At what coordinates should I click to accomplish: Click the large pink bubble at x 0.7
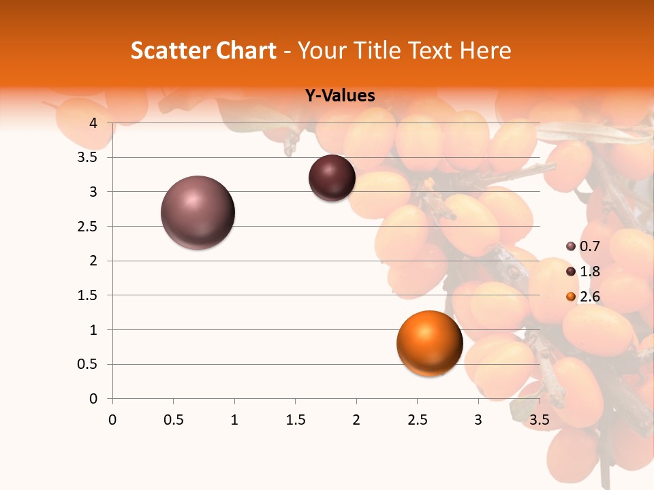198,212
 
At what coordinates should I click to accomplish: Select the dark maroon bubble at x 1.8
332,178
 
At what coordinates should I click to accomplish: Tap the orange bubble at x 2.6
429,343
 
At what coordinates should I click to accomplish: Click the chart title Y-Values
340,96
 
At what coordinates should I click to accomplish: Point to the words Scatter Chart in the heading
203,50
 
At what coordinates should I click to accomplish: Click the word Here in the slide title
485,50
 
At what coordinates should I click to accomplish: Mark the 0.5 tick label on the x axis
173,420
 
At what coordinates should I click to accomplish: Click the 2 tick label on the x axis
356,420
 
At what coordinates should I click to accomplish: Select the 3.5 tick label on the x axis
539,420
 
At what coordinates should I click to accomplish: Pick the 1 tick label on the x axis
234,420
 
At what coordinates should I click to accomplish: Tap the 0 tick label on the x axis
112,420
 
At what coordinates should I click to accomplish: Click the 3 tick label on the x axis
478,420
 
